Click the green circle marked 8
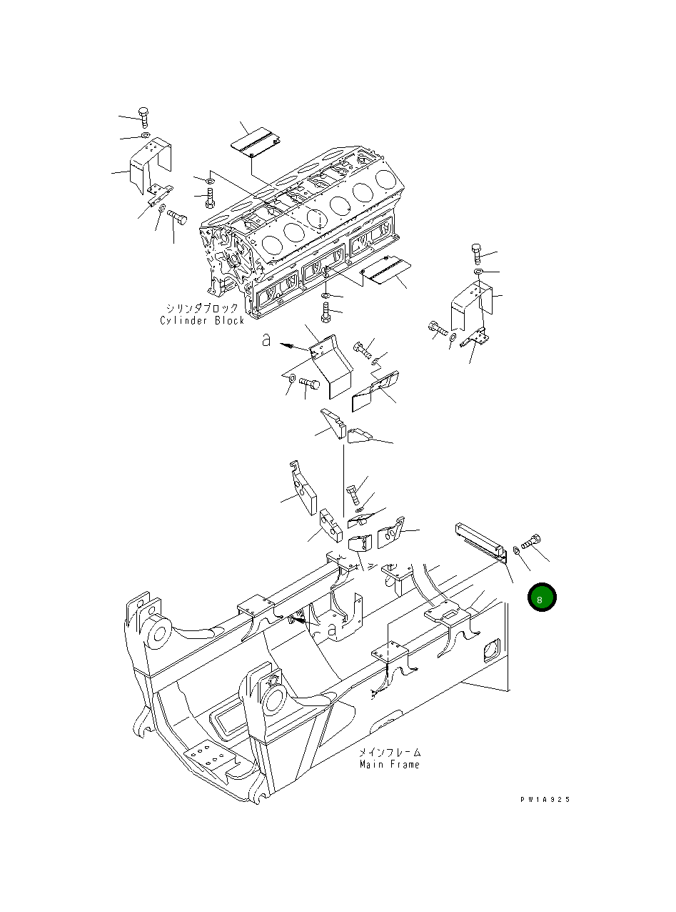[x=542, y=598]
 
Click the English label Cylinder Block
[x=202, y=320]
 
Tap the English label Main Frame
[x=389, y=764]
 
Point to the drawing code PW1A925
[x=545, y=801]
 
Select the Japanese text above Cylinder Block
[x=202, y=308]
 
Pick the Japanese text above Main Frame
[x=389, y=752]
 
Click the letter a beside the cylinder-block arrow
[x=266, y=342]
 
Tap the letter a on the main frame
[x=331, y=630]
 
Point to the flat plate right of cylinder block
[x=385, y=272]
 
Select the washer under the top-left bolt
[x=145, y=135]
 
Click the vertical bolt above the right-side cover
[x=477, y=253]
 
